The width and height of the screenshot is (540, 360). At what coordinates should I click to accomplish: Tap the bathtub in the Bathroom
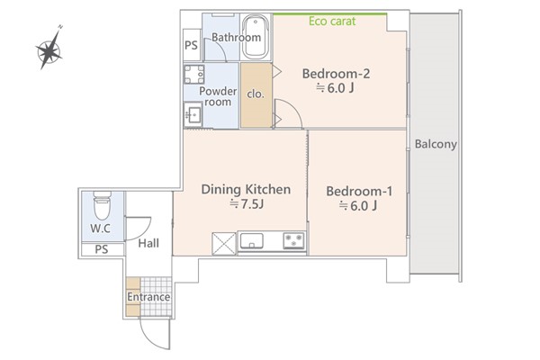[256, 37]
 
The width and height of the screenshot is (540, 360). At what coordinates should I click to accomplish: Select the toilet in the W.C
[103, 205]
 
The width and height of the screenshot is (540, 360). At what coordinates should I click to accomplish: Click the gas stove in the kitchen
[293, 240]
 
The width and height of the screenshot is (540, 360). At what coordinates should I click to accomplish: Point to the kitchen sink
[252, 241]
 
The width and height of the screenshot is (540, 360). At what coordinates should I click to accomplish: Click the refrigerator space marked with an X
[224, 244]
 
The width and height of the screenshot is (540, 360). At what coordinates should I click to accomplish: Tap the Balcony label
[436, 144]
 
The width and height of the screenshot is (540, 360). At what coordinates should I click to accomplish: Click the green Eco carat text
[332, 22]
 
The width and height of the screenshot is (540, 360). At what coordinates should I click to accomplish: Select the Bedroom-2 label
[336, 74]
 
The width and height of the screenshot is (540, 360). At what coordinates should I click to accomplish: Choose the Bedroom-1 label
[359, 191]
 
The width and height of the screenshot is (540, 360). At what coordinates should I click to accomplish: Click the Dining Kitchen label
[246, 190]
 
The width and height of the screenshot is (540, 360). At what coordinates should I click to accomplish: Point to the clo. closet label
[256, 94]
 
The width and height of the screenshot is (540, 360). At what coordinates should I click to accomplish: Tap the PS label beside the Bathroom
[191, 45]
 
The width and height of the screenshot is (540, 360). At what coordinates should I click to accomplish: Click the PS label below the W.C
[101, 249]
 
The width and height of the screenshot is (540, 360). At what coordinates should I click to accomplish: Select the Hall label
[148, 243]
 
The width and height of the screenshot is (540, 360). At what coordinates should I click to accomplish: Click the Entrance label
[148, 297]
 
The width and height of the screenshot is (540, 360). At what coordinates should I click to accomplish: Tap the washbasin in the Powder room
[193, 113]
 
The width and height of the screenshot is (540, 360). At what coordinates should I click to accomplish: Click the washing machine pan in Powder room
[194, 74]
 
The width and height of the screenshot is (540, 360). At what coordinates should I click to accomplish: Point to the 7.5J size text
[247, 204]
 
